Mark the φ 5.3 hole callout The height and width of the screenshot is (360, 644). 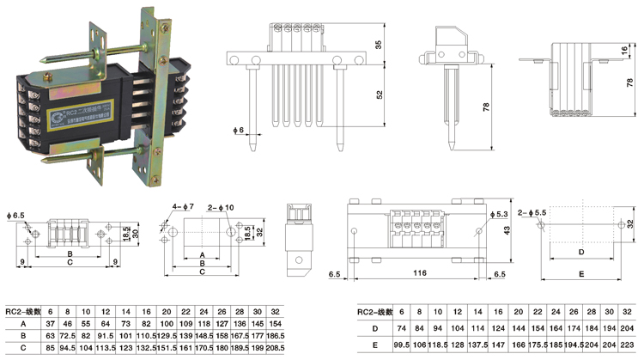(x=502, y=213)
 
